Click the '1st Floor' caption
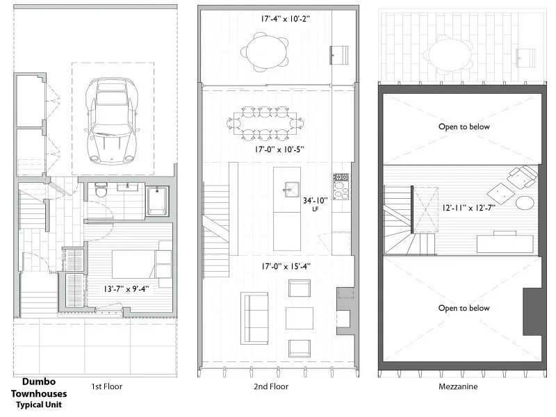pyautogui.click(x=108, y=386)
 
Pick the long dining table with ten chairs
pyautogui.click(x=261, y=123)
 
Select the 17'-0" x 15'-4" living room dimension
pyautogui.click(x=277, y=265)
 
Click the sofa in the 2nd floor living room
pyautogui.click(x=255, y=318)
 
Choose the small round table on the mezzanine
pyautogui.click(x=523, y=203)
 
